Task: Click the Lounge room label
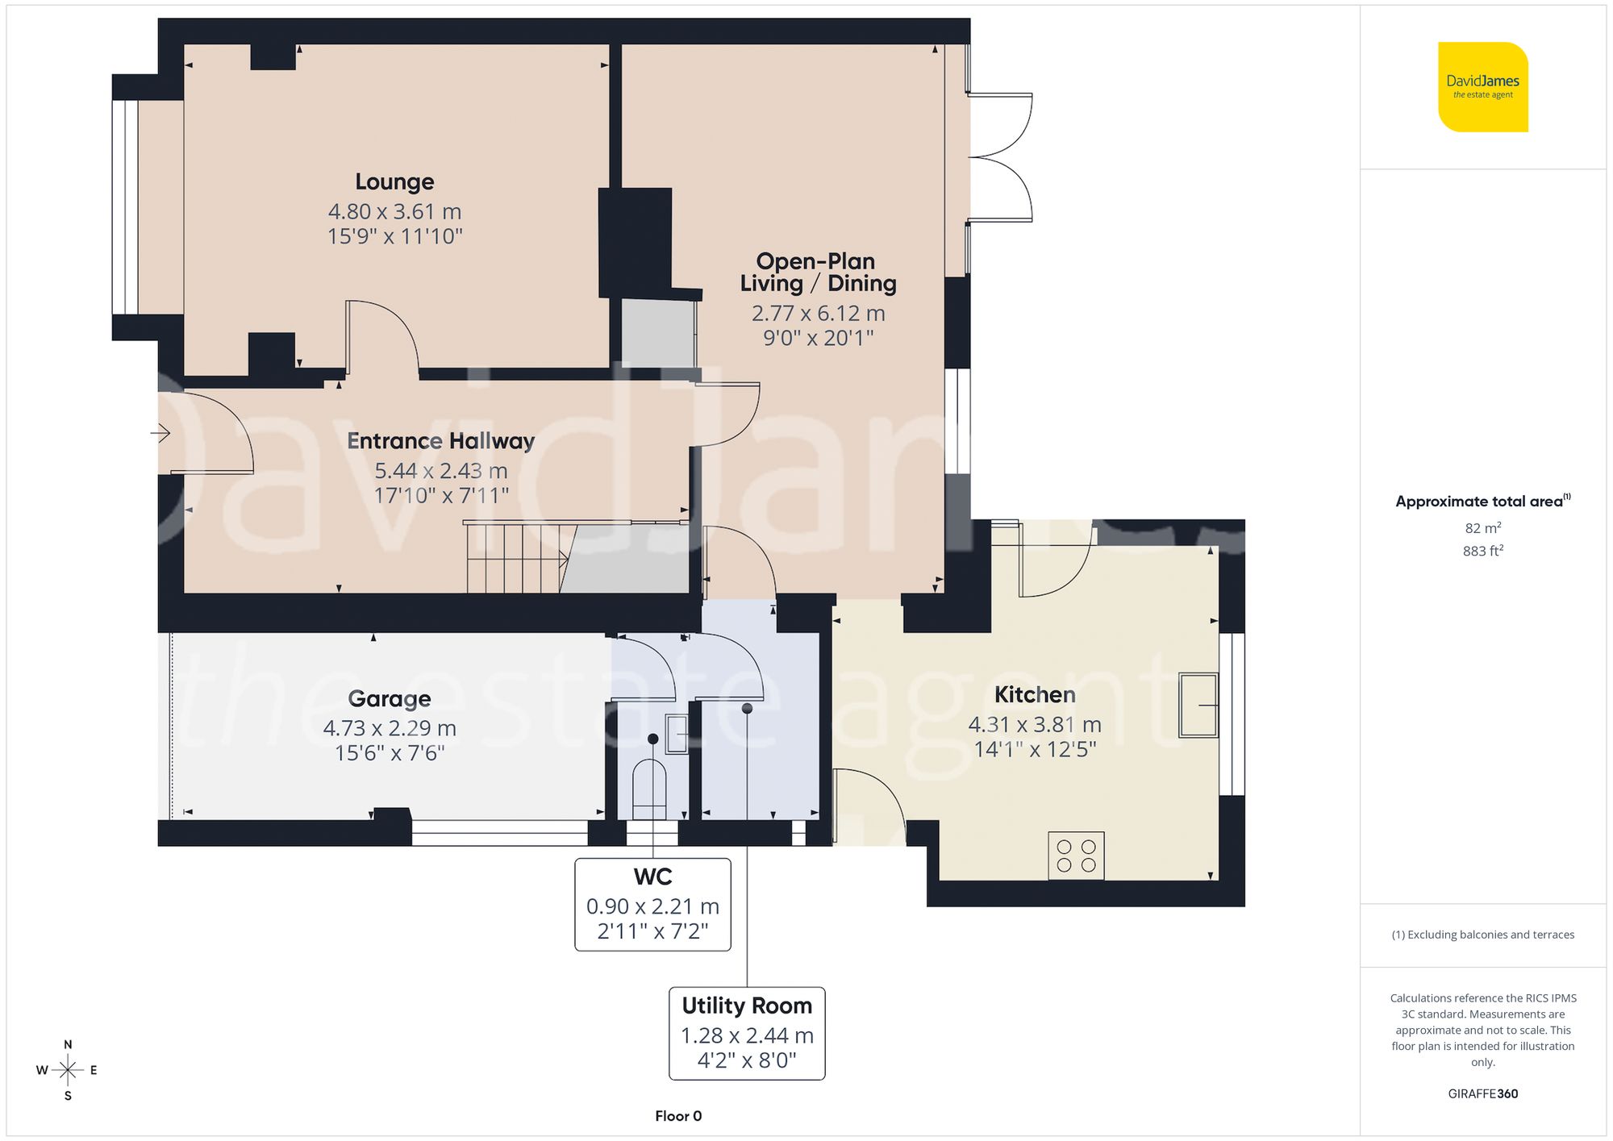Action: coord(394,181)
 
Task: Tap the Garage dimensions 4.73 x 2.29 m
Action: coord(390,728)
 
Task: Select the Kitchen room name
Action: coord(1035,694)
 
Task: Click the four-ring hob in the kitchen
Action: coord(1076,856)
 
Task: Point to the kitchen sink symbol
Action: coord(1198,706)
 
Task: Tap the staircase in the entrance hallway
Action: coord(516,558)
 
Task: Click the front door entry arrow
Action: coord(160,434)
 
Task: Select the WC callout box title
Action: coord(652,877)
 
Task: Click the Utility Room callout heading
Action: coord(747,1006)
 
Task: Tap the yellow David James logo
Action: coord(1482,87)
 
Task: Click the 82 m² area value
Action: coord(1482,528)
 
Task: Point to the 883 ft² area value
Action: coord(1482,551)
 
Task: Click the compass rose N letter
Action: coord(68,1044)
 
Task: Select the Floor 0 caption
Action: coord(678,1116)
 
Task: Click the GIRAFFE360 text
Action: coord(1482,1093)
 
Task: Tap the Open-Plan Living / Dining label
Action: coord(818,273)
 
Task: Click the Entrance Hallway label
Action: coord(440,441)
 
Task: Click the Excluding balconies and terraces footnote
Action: coord(1482,935)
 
